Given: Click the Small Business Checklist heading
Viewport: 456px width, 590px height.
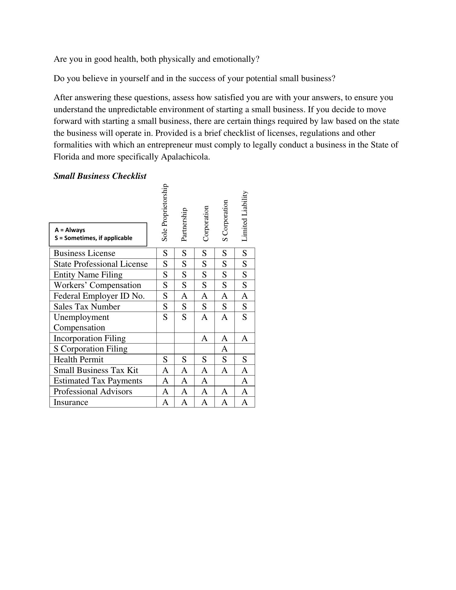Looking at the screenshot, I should tap(100, 176).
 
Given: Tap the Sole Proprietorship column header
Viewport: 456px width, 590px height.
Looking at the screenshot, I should tap(165, 213).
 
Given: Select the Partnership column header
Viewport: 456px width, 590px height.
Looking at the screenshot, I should tap(184, 225).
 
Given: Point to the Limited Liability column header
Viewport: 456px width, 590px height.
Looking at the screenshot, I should tap(245, 216).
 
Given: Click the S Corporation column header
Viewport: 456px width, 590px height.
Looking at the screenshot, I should tap(225, 221).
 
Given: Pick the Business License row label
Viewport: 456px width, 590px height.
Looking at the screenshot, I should tap(85, 253).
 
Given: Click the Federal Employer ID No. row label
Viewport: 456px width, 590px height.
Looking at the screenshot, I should tap(99, 296).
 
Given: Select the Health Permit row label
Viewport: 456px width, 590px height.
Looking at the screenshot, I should tap(78, 360).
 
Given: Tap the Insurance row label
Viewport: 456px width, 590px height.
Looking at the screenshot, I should tap(71, 402).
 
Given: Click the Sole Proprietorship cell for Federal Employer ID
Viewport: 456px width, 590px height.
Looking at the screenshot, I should tap(165, 296).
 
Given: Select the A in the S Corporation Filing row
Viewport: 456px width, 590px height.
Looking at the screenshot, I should tap(225, 349).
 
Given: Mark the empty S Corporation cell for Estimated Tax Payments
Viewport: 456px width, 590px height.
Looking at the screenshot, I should tap(225, 381).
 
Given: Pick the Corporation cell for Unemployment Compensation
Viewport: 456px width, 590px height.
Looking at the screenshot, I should tap(204, 317).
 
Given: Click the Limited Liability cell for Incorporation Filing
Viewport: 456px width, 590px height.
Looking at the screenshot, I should tap(245, 338).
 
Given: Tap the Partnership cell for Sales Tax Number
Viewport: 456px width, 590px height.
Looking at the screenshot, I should tap(184, 307).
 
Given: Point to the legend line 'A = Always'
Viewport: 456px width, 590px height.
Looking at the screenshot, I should tap(70, 230).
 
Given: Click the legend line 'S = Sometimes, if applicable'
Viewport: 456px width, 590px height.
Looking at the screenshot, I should tap(93, 238).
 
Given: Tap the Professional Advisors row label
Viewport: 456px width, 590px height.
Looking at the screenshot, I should tap(93, 391).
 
